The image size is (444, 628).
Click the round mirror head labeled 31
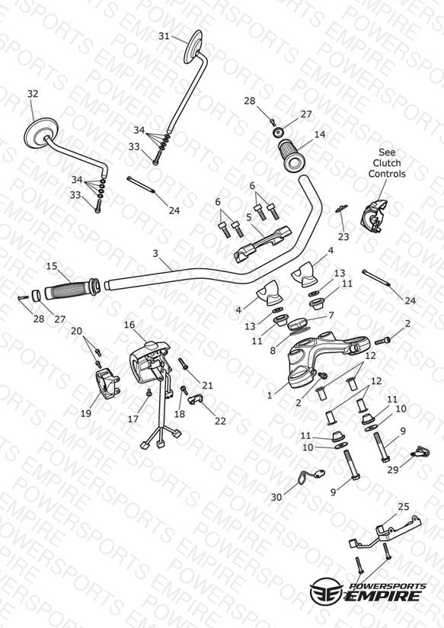(x=193, y=46)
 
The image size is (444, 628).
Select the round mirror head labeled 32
(x=41, y=133)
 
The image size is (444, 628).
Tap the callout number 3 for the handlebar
(x=155, y=253)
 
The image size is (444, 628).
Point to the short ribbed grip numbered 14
(x=292, y=155)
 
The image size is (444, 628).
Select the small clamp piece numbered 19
(x=107, y=383)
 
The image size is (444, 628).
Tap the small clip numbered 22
(x=195, y=399)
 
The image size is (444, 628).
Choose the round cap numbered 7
(x=299, y=324)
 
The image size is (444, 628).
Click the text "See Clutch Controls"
(x=387, y=163)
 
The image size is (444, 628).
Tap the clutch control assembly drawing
(x=375, y=216)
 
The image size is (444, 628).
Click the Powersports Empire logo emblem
(x=326, y=591)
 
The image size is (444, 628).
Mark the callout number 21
(x=207, y=386)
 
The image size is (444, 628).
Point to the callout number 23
(x=343, y=237)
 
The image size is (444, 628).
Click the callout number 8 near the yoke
(x=273, y=351)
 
